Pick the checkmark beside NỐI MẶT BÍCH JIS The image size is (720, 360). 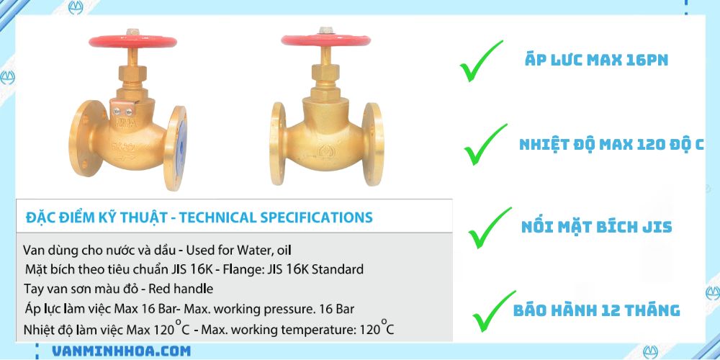click(x=489, y=227)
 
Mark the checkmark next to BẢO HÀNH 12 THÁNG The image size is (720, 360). click(x=493, y=310)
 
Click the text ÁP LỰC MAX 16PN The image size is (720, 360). click(x=596, y=60)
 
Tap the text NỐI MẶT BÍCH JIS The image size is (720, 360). click(x=596, y=228)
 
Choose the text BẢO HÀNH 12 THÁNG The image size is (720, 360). click(x=596, y=310)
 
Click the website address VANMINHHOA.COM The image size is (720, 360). click(x=122, y=351)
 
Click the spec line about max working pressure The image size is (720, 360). click(x=189, y=309)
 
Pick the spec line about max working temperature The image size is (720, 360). click(x=209, y=329)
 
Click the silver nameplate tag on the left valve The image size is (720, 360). click(x=122, y=109)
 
